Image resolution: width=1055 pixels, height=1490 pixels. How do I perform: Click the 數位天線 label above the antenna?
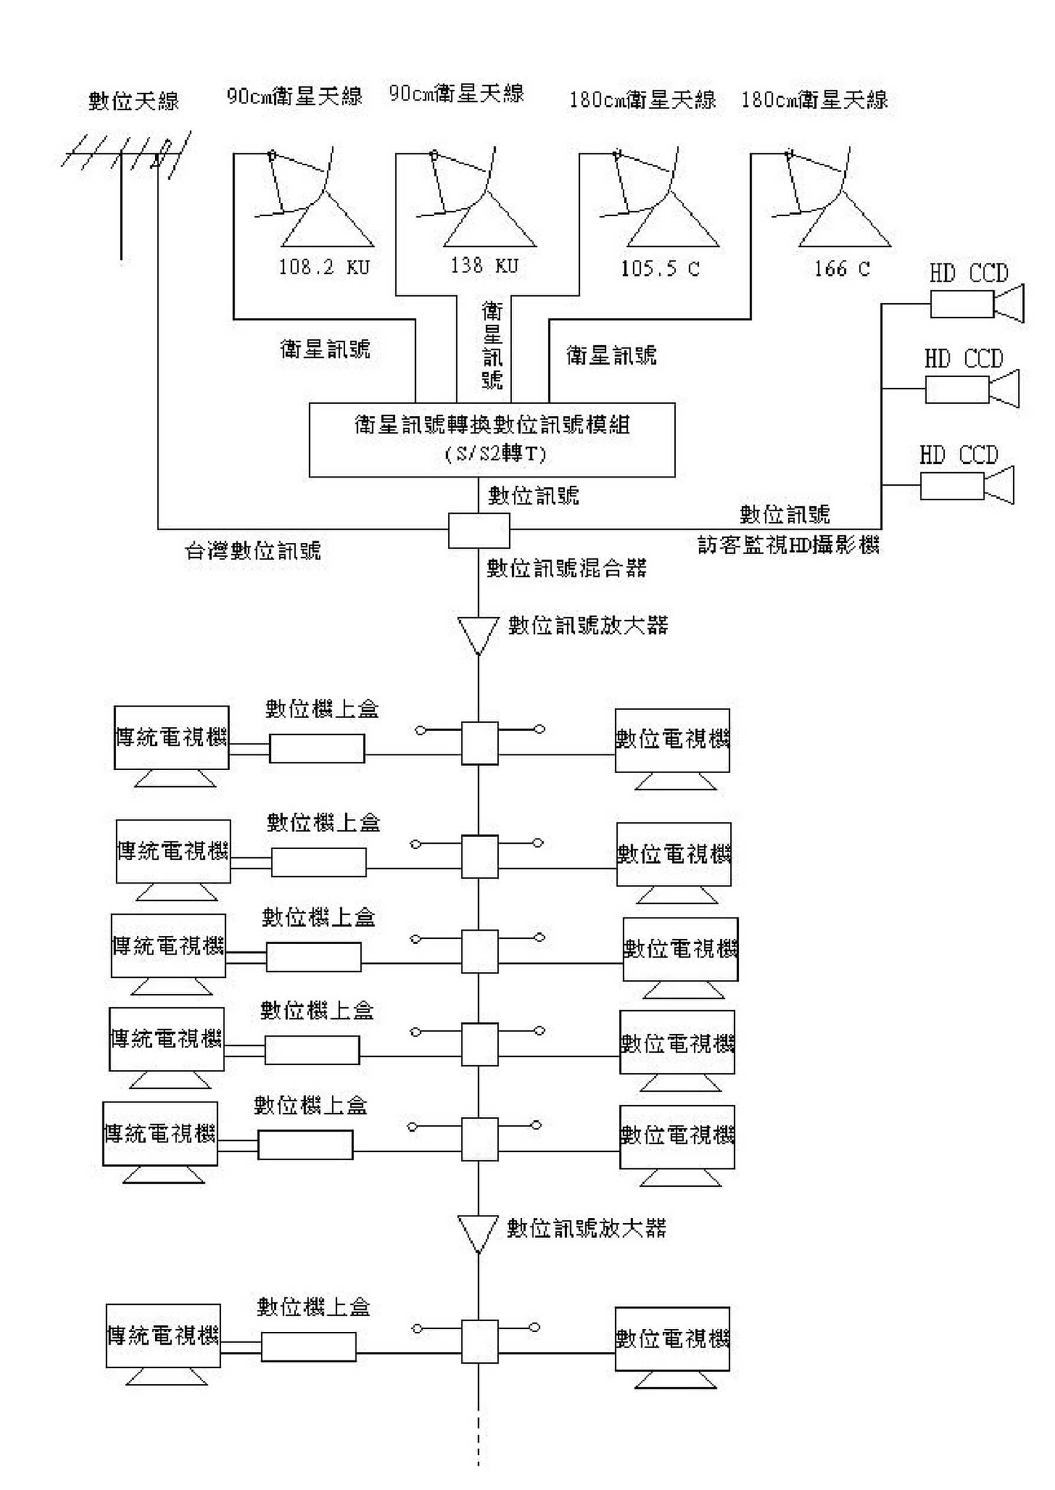click(x=133, y=101)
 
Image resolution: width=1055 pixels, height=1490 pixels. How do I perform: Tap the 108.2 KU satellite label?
click(x=323, y=267)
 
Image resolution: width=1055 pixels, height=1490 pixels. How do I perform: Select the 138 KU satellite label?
click(x=484, y=265)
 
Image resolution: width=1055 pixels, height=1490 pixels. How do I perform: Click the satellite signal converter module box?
click(x=492, y=440)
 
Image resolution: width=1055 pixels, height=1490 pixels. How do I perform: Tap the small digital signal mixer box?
click(x=479, y=530)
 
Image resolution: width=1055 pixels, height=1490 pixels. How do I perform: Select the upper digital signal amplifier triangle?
click(x=479, y=634)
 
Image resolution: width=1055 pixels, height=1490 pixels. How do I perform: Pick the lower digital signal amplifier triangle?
click(x=479, y=1233)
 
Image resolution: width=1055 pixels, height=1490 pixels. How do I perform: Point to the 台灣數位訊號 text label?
click(x=253, y=551)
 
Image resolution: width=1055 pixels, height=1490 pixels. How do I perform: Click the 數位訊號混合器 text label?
click(x=566, y=568)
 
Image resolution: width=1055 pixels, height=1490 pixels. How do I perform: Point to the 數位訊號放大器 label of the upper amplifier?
click(x=588, y=626)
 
